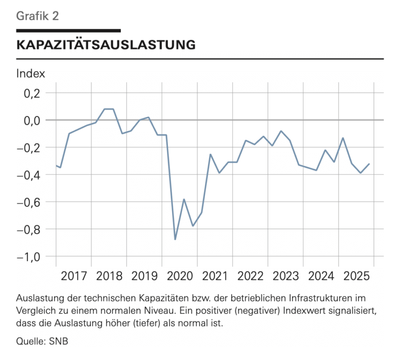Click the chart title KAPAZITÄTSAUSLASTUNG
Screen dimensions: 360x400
[x=105, y=45]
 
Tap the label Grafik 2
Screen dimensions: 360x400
[x=37, y=16]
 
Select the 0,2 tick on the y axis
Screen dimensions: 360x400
[x=32, y=93]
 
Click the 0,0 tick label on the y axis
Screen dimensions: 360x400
[x=32, y=120]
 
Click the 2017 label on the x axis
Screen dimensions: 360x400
[x=74, y=277]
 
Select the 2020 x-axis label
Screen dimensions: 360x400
[x=180, y=277]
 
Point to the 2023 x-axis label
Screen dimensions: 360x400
[x=286, y=277]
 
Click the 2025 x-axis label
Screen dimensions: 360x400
[x=356, y=277]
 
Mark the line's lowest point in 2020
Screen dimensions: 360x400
[x=175, y=239]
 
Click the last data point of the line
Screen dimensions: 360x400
[x=369, y=164]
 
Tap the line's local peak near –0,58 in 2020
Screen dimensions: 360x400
[x=184, y=199]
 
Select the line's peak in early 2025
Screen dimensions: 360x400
[x=343, y=138]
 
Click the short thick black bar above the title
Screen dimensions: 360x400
[x=68, y=30]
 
